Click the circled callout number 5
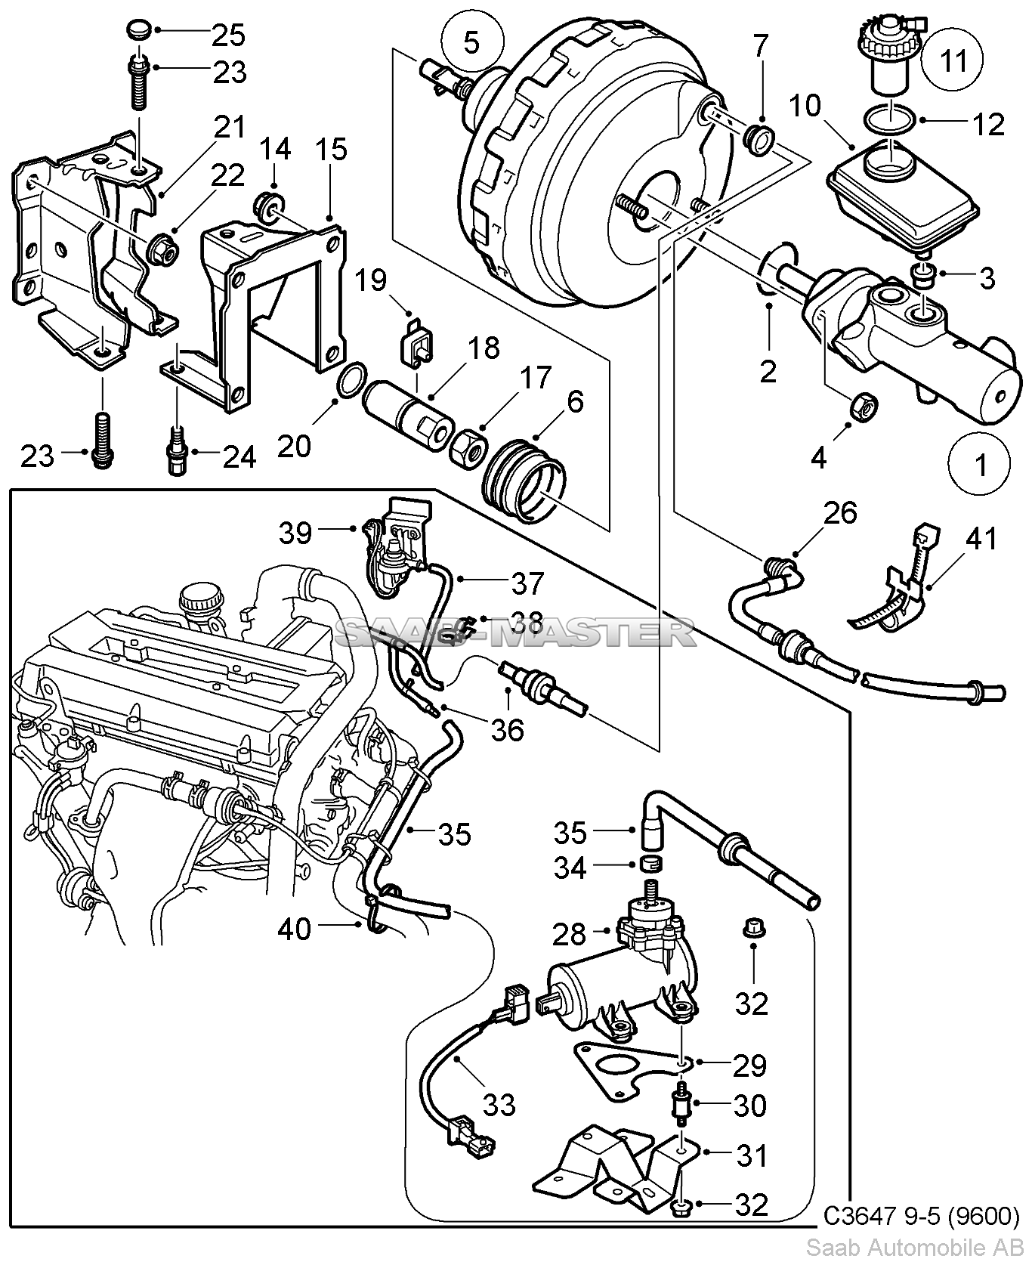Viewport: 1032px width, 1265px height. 470,42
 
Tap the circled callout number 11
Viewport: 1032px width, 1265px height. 955,60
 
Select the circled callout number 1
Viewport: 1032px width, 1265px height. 981,464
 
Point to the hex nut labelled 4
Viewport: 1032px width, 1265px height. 863,406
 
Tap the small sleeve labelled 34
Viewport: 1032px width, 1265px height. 650,864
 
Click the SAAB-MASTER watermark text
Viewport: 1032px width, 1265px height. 514,632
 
